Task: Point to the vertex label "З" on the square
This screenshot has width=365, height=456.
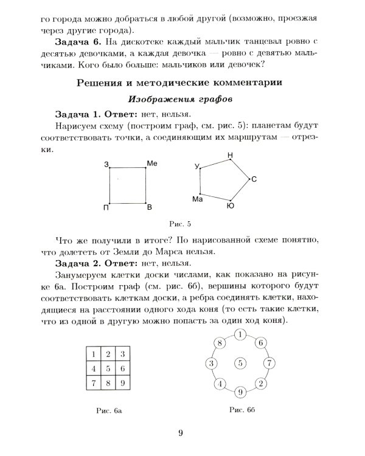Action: point(106,165)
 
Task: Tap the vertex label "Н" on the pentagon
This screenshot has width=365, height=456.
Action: point(230,156)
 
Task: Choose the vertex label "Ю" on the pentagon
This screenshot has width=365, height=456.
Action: point(230,207)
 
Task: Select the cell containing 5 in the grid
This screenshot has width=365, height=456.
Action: point(107,368)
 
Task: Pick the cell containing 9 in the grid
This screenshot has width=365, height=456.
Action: point(122,382)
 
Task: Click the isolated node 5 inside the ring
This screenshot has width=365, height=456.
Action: point(240,364)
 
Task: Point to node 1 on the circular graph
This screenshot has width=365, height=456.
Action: point(240,334)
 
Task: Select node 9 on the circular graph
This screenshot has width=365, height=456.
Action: point(240,392)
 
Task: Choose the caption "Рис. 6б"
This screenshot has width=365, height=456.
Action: point(240,410)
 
